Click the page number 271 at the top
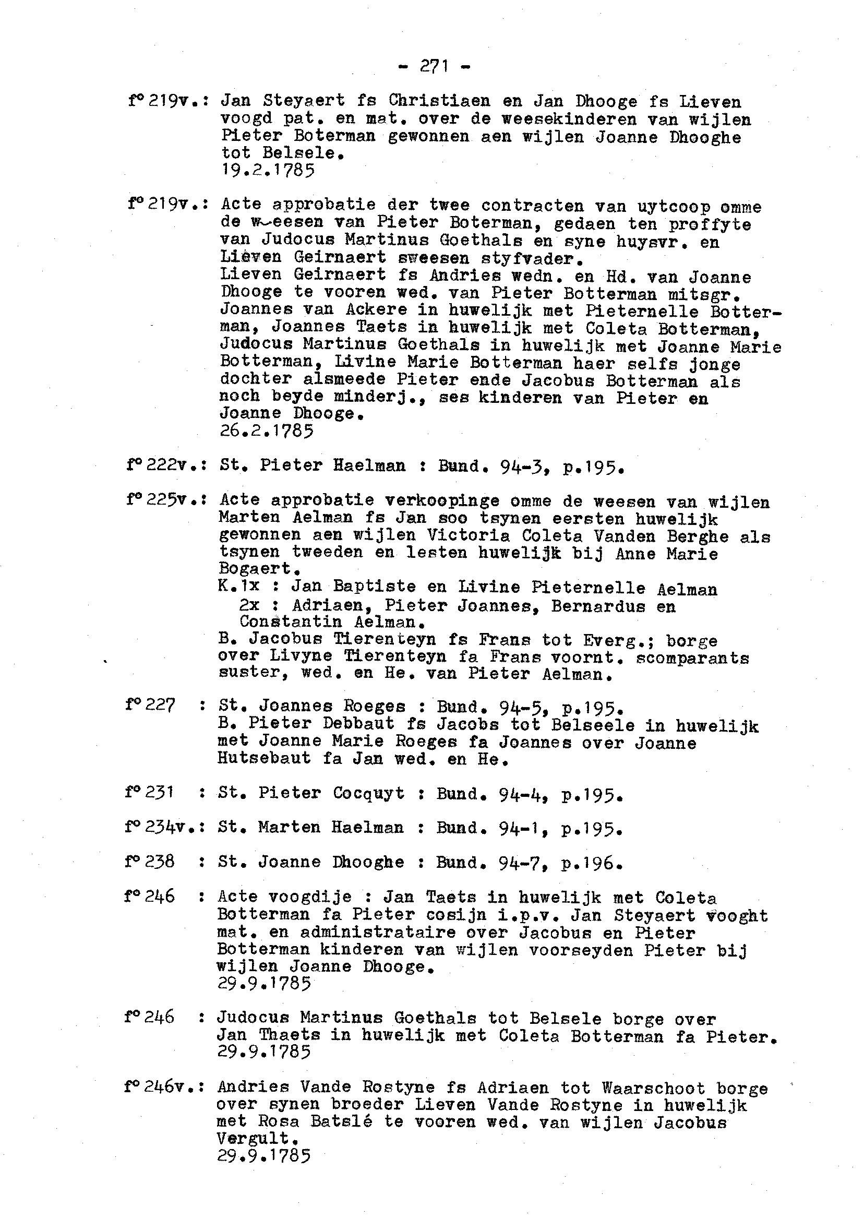(x=434, y=66)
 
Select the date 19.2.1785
(x=267, y=170)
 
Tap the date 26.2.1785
(x=267, y=431)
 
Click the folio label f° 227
(x=150, y=706)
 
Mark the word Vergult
(x=256, y=1139)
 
